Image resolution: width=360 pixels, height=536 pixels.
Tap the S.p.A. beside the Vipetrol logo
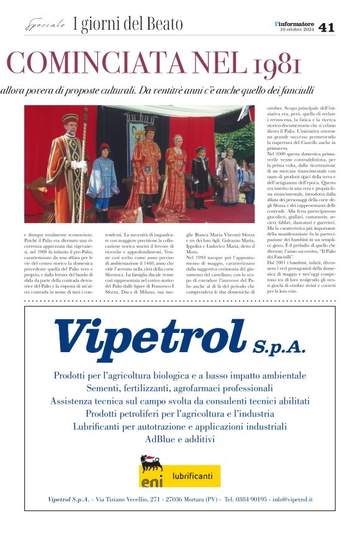(x=279, y=346)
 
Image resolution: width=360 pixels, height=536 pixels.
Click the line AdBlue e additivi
(x=179, y=440)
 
